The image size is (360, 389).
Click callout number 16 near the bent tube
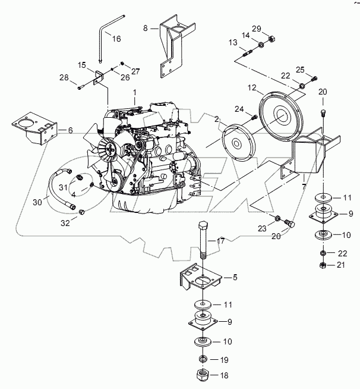(x=116, y=39)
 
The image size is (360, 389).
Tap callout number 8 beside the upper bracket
(x=146, y=27)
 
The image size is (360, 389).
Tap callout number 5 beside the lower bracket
(x=236, y=277)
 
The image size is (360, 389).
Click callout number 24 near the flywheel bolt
(x=239, y=108)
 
